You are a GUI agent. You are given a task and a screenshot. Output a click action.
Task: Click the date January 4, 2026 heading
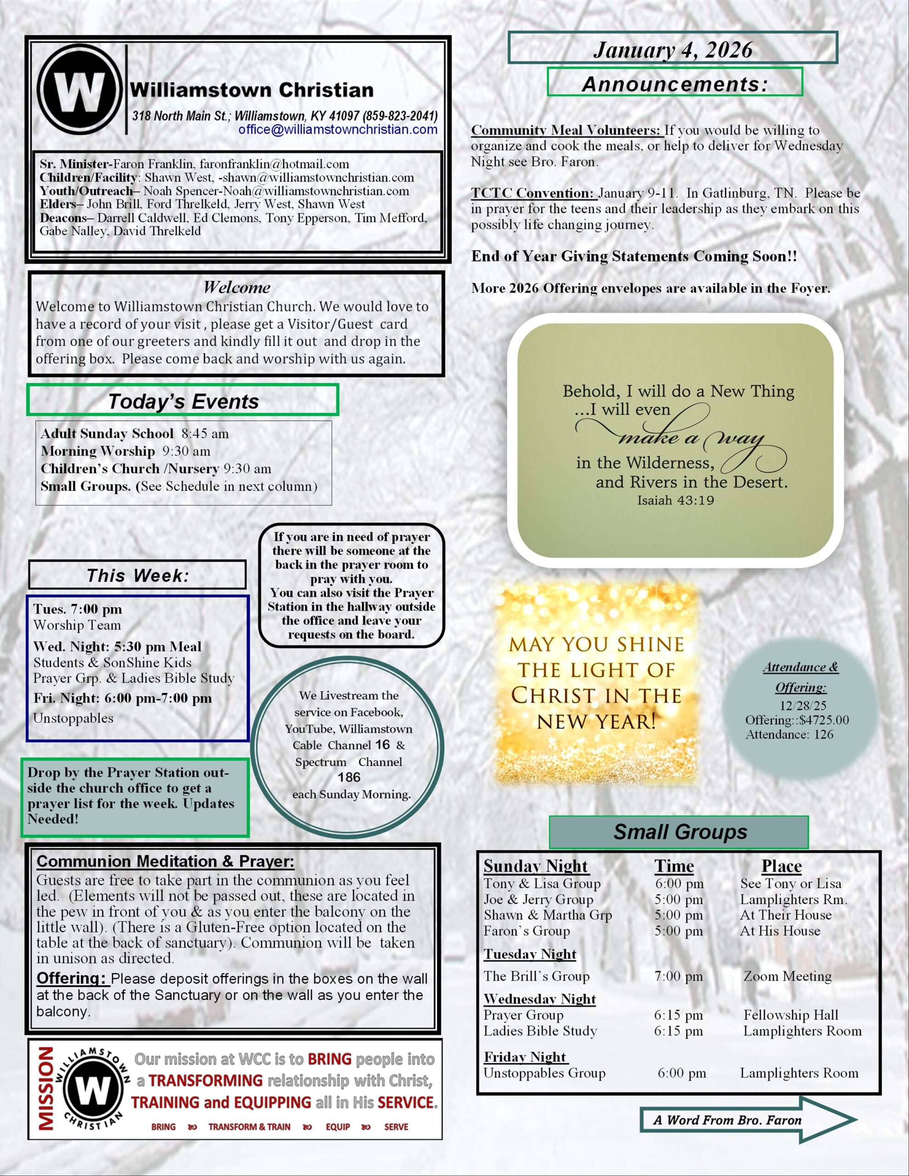click(672, 50)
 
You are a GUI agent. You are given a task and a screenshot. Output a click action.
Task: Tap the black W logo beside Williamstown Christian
click(79, 90)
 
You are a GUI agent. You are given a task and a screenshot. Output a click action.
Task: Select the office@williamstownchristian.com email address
click(338, 130)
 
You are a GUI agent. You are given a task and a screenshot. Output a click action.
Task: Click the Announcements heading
click(675, 84)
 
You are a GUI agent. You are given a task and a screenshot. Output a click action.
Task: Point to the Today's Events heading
click(183, 401)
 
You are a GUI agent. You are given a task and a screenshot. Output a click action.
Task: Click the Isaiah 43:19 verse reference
click(675, 500)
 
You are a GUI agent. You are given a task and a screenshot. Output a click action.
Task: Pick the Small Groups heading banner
click(680, 832)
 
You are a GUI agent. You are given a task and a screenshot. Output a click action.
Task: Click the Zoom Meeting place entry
click(787, 976)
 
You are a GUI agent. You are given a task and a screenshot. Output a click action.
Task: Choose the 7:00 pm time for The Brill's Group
click(678, 976)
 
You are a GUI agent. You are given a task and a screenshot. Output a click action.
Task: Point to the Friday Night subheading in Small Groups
click(525, 1057)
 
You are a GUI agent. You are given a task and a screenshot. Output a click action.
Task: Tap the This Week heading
click(138, 576)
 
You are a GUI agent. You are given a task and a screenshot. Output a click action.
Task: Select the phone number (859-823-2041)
click(400, 116)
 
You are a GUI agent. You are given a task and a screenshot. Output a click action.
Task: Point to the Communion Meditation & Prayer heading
click(165, 861)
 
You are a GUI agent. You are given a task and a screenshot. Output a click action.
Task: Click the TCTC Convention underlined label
click(532, 193)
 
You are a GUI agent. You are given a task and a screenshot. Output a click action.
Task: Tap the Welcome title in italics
click(237, 288)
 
